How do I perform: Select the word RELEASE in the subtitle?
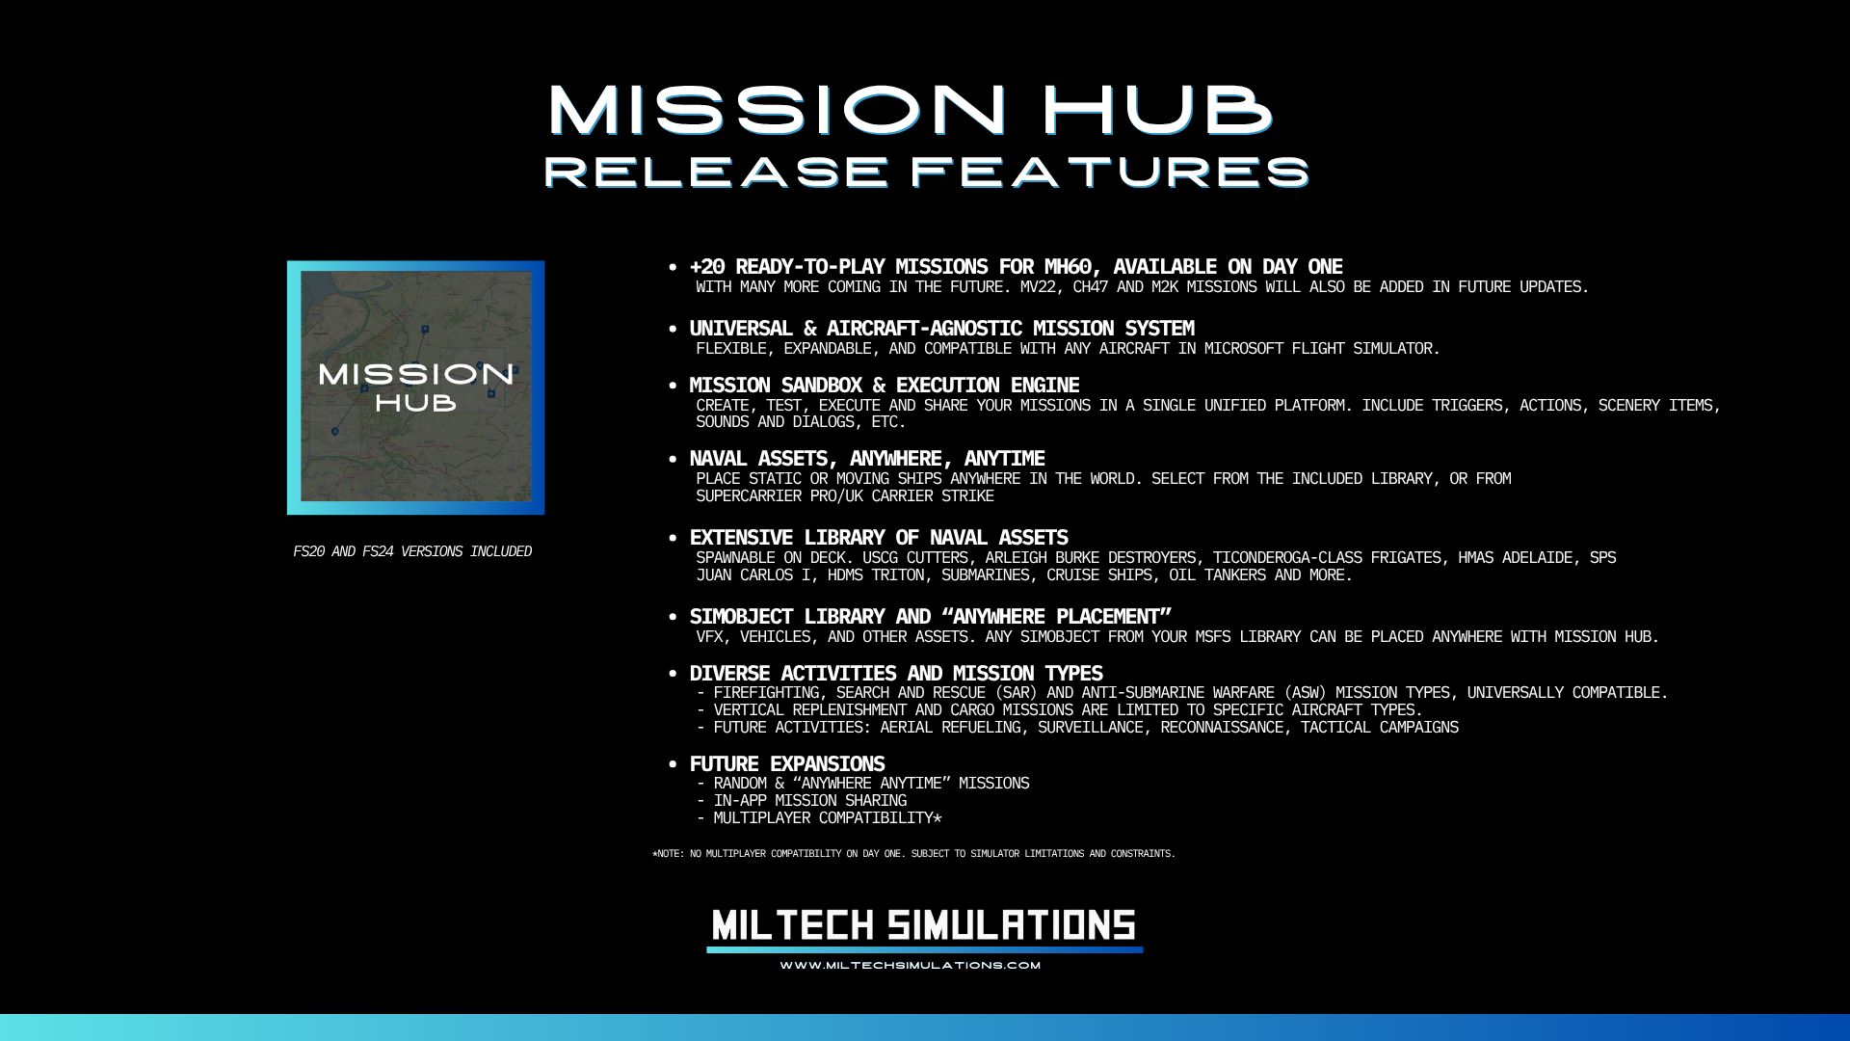tap(714, 172)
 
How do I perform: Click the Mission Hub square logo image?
tap(415, 387)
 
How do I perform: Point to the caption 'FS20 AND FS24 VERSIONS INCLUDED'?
tap(412, 551)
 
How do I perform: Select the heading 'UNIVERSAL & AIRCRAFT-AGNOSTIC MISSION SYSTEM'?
tap(941, 329)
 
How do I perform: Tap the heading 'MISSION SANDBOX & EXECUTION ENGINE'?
tap(885, 386)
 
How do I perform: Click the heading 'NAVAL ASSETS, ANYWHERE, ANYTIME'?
tap(867, 459)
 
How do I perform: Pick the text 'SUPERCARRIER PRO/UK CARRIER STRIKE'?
tap(845, 496)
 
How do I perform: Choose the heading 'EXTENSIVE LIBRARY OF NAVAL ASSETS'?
tap(879, 538)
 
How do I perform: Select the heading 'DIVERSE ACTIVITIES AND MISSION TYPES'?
tap(896, 674)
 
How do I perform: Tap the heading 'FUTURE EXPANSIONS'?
tap(787, 764)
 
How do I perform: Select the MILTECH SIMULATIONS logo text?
tap(924, 925)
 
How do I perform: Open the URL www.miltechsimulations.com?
tap(911, 965)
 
